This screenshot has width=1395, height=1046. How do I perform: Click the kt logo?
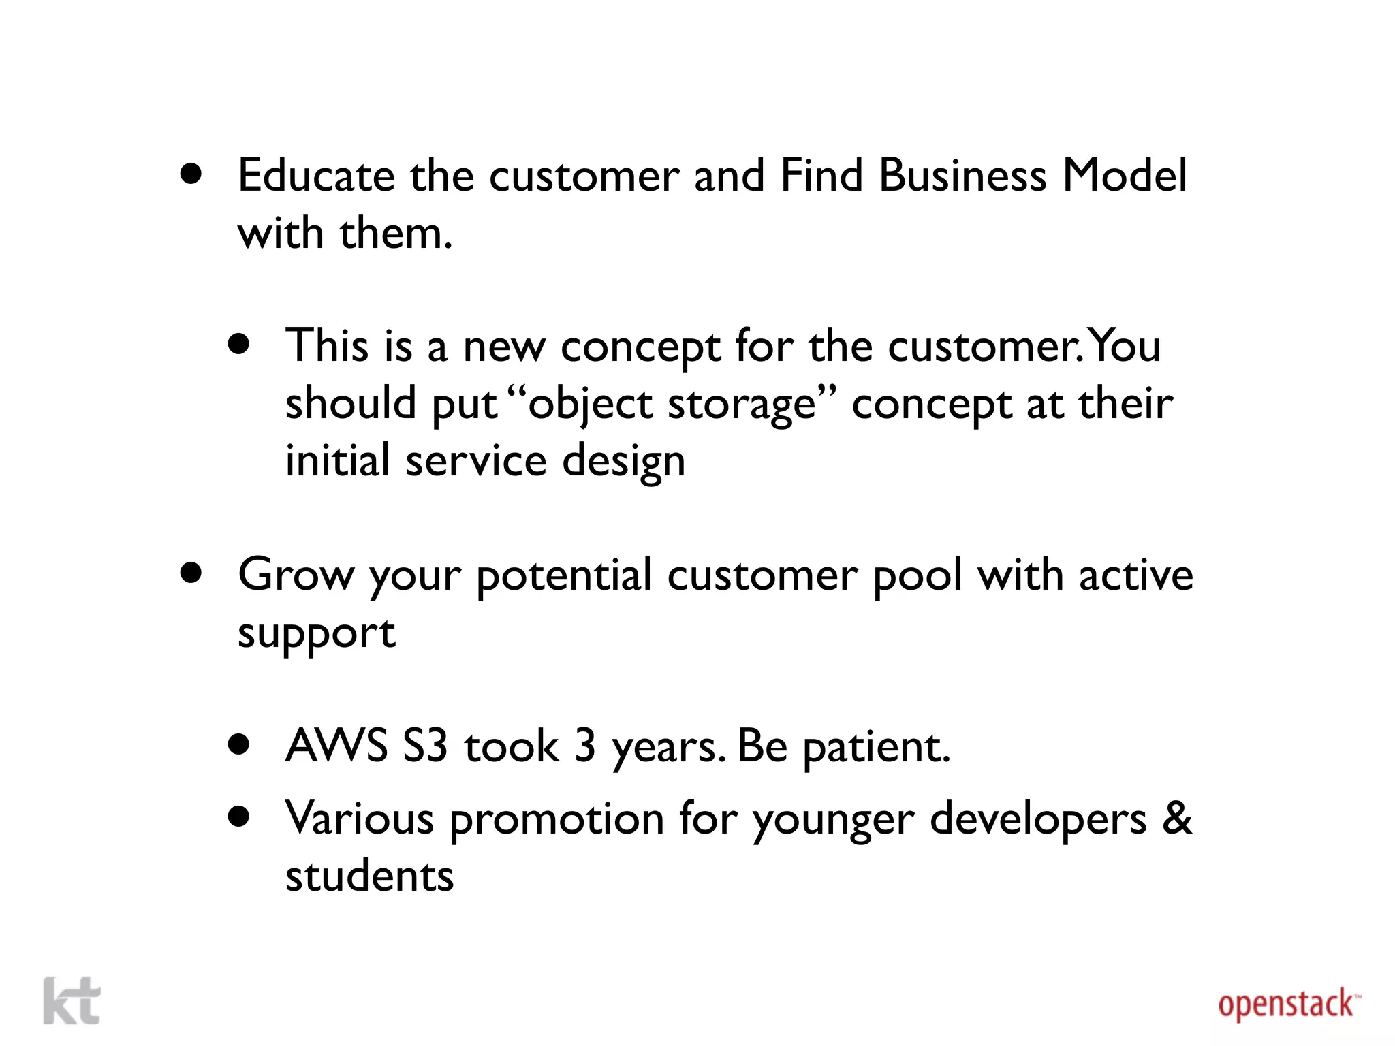72,1000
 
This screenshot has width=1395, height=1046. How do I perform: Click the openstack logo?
1288,1005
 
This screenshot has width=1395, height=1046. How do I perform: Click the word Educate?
316,176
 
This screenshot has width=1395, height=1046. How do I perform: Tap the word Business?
962,176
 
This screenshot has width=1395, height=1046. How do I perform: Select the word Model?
1125,176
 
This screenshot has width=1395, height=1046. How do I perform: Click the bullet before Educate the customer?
191,174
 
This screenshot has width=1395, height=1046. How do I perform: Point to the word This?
327,345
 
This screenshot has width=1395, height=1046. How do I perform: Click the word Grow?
296,575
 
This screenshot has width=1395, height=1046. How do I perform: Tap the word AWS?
336,746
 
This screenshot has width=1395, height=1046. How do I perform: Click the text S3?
425,746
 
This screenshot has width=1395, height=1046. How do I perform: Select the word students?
369,876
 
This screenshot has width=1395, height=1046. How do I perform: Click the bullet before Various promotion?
239,816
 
